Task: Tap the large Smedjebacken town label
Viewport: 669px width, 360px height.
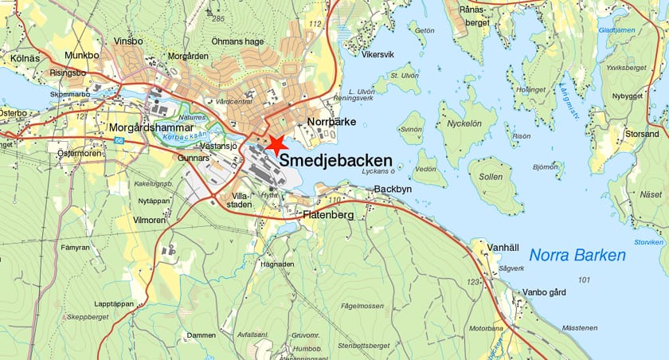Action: (x=336, y=161)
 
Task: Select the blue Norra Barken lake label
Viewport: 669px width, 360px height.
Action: (x=577, y=256)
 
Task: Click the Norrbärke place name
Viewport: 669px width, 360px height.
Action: (x=331, y=122)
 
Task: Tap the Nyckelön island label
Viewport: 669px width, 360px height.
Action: (x=466, y=126)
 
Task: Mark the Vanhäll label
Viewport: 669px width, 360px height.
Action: (x=504, y=248)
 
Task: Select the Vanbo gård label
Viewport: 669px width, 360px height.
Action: (x=544, y=292)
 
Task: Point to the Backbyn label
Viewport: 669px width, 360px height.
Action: (x=393, y=190)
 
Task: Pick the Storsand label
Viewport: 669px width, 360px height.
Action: (x=641, y=134)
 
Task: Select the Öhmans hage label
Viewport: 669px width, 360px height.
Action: (x=237, y=41)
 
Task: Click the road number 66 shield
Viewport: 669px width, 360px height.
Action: (x=119, y=141)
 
